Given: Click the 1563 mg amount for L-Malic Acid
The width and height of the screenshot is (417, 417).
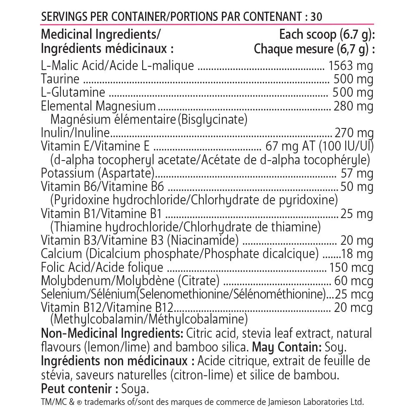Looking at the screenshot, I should (351, 65).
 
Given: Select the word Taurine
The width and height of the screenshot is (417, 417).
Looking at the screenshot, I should (60, 79).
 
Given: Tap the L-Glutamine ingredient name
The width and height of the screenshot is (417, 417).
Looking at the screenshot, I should (73, 92).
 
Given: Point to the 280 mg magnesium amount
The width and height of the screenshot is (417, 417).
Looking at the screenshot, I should (354, 106).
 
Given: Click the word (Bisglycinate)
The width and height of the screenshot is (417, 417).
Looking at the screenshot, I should (212, 120).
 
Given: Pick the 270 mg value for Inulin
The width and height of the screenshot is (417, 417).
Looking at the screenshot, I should (354, 133).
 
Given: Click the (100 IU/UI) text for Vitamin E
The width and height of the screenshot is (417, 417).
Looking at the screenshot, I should (347, 146).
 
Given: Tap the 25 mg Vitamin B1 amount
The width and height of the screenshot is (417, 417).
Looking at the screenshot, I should (357, 214).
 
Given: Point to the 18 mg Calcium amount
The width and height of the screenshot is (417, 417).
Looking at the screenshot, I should (357, 254).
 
